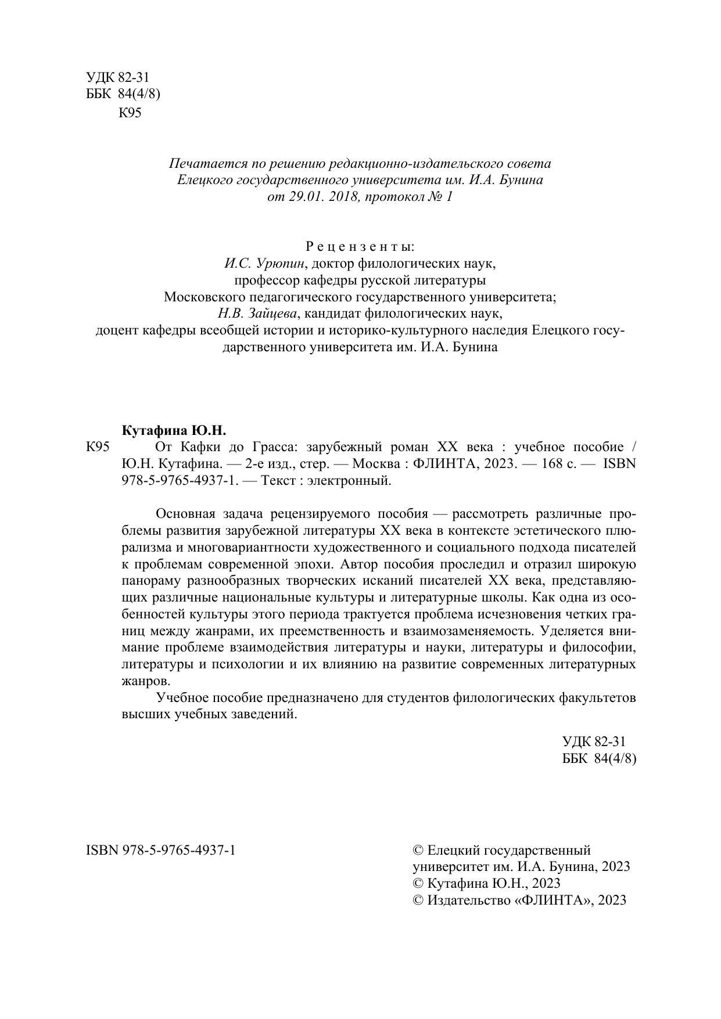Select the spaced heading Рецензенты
pos(360,247)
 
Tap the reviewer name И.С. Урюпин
pos(264,264)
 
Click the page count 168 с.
pos(552,464)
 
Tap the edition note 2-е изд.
pos(270,464)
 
